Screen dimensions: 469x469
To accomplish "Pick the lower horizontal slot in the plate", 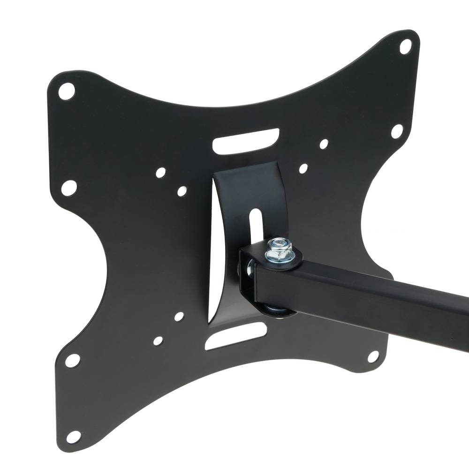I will pos(232,336).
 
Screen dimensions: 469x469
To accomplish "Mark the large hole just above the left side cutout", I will pos(69,187).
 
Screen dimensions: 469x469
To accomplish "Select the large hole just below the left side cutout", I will pos(72,360).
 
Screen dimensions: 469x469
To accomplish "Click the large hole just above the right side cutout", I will pos(397,131).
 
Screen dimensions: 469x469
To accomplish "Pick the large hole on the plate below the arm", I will pos(373,356).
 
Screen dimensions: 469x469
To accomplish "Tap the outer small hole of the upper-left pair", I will pos(160,173).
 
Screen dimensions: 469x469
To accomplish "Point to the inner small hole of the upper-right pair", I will pos(303,167).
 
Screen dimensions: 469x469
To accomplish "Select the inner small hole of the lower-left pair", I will pos(179,317).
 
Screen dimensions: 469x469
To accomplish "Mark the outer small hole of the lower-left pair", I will pos(158,340).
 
